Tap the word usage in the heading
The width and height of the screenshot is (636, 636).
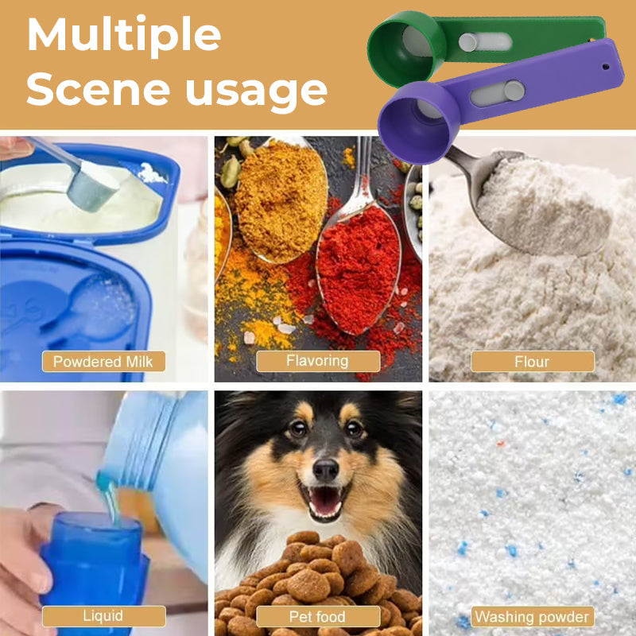coord(256,92)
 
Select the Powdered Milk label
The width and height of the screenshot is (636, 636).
coord(103,362)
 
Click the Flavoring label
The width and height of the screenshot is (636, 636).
coord(318,361)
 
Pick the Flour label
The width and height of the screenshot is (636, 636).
coord(532,362)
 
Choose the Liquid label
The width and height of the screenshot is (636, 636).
coord(104,616)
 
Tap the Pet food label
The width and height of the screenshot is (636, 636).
coord(318,617)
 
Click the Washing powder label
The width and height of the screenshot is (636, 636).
coord(532,617)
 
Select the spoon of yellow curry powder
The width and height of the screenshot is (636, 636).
coord(281,201)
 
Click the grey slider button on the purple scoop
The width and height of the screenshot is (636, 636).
coord(514,90)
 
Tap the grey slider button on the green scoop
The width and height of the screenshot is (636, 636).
coord(467,43)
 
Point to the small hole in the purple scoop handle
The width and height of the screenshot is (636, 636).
coord(606,67)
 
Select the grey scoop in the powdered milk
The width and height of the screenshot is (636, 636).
coord(93,188)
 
